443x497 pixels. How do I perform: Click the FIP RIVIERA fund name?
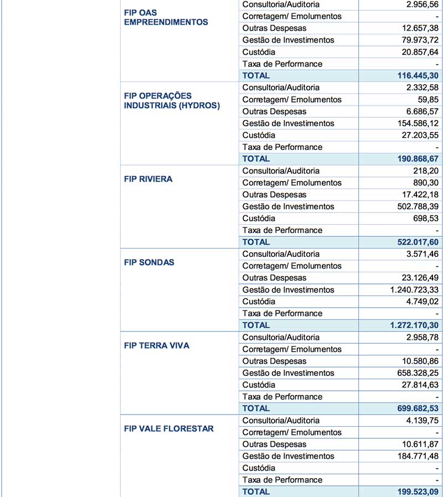point(148,179)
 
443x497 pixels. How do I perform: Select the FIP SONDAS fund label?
point(149,262)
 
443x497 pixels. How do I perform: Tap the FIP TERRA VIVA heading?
point(157,345)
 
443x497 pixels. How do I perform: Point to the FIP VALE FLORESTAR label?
point(169,428)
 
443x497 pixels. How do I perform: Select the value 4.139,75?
point(420,421)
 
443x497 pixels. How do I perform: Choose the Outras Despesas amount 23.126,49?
point(418,278)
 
